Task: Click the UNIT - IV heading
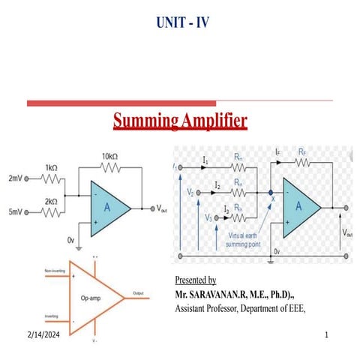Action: pos(179,22)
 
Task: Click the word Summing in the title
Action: pos(145,120)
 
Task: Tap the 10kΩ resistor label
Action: pos(110,157)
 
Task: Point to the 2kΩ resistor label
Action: pos(52,202)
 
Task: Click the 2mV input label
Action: pos(15,179)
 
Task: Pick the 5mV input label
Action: pos(15,213)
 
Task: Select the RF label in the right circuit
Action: pos(301,151)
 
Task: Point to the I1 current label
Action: pos(205,160)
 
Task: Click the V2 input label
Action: pos(191,193)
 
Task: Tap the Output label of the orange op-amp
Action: pos(139,292)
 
